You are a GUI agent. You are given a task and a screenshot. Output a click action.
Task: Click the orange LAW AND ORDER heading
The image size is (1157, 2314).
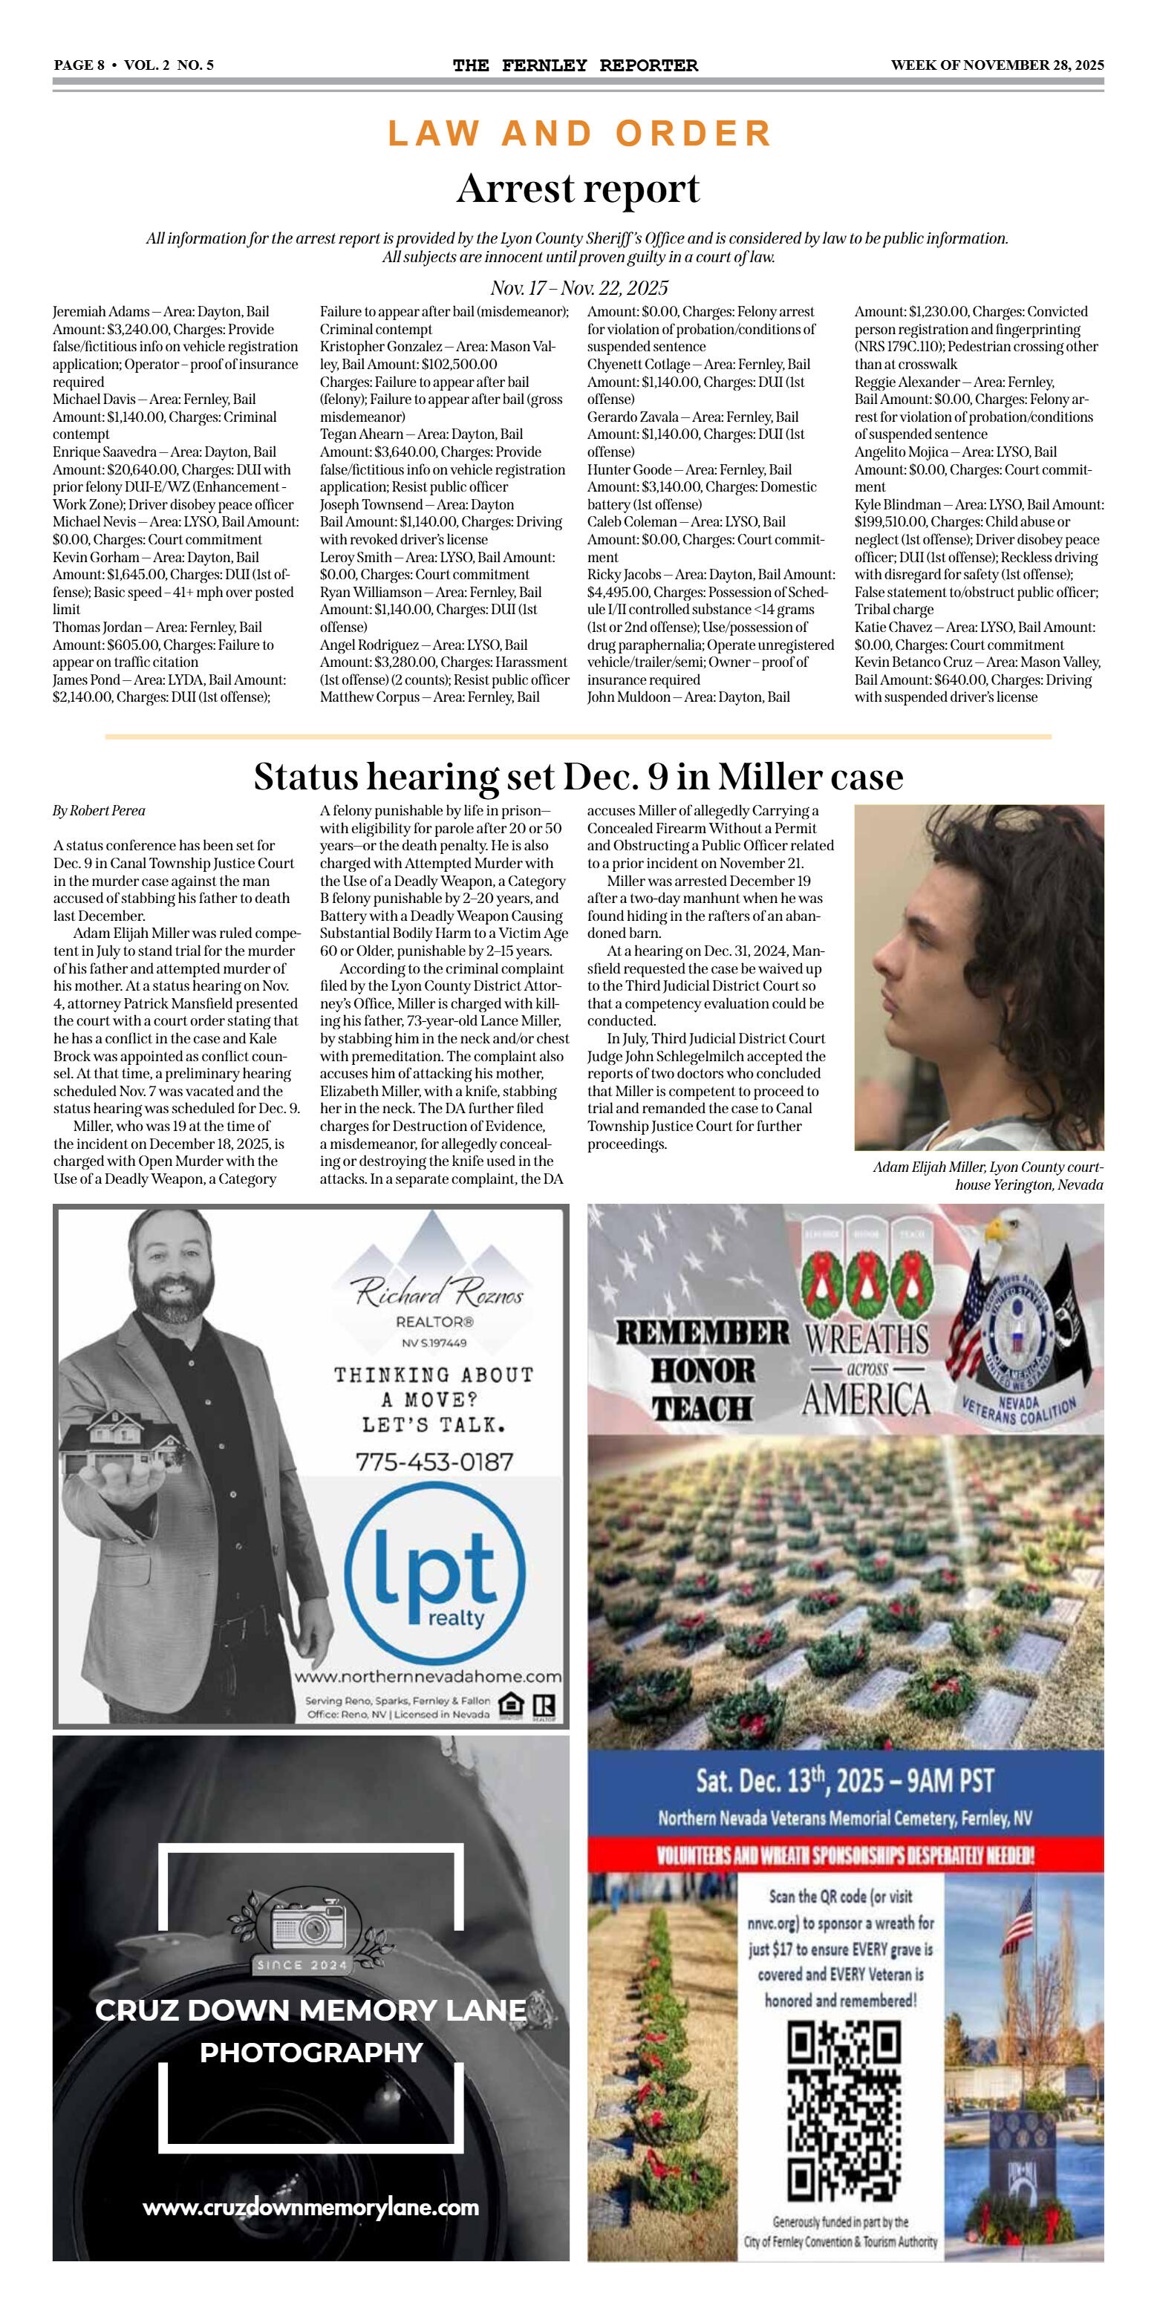579,133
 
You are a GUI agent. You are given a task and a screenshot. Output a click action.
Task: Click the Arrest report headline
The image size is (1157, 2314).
578,189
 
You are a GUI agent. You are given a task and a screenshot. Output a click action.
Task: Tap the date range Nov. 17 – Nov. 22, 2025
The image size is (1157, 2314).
578,287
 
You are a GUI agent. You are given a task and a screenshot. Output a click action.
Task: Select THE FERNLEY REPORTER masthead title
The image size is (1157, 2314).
575,65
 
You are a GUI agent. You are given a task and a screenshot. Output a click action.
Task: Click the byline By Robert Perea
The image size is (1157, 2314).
99,810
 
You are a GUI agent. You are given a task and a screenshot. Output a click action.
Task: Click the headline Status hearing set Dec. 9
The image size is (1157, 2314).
578,776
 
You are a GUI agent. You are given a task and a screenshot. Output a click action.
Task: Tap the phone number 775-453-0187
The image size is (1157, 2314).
434,1461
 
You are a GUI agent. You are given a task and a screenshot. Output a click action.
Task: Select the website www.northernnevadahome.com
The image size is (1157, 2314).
428,1676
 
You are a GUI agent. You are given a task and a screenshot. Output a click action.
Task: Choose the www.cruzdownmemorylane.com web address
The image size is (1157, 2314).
311,2207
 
